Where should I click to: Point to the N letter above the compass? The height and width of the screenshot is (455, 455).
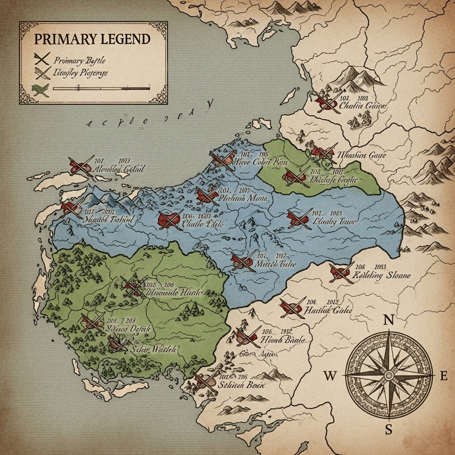390,320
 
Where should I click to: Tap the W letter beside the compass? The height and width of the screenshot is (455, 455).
330,375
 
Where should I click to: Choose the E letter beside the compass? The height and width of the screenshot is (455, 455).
445,375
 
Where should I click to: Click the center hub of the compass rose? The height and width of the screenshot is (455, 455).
390,375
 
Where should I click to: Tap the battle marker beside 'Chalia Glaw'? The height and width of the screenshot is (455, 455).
326,101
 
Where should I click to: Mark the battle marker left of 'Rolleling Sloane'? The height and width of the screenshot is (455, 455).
341,272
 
